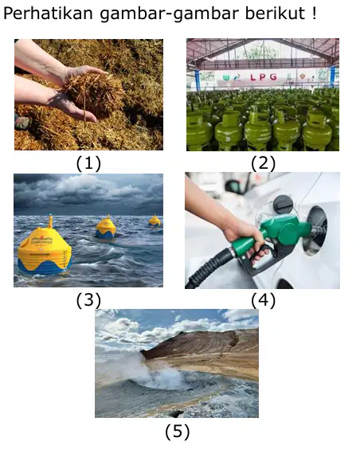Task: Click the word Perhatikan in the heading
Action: pos(49,14)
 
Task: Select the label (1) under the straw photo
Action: pos(88,163)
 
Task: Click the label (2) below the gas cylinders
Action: pos(263,163)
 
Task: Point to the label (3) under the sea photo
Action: pos(88,300)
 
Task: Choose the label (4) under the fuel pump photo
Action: pos(263,300)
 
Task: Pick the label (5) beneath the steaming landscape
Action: pos(178,432)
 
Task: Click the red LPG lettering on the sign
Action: pos(264,77)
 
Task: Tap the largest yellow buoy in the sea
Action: pos(45,249)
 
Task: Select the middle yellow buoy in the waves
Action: pos(106,228)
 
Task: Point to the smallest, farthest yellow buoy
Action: pos(155,221)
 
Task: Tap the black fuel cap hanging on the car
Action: pos(282,204)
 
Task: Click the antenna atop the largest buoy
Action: pos(50,221)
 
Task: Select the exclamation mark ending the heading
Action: pos(315,14)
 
